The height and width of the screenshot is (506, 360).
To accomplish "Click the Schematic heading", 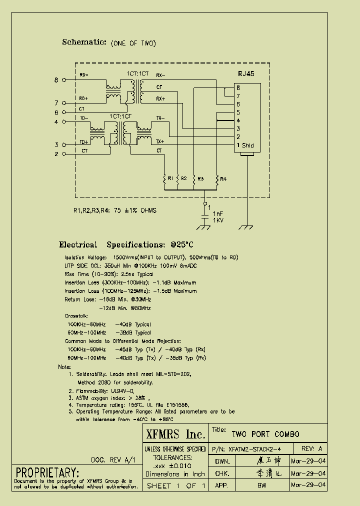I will (x=84, y=42).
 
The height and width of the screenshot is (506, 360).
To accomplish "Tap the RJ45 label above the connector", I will (x=246, y=73).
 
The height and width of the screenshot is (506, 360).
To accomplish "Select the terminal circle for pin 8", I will (x=63, y=80).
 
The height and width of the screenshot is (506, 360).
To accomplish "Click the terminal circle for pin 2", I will (x=63, y=154).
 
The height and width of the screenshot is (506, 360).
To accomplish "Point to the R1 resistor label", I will (x=170, y=178).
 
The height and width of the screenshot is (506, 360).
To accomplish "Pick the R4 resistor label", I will (x=223, y=178).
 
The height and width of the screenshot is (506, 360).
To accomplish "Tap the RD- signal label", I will (x=83, y=75).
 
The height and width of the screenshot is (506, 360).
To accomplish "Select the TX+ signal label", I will (x=160, y=141).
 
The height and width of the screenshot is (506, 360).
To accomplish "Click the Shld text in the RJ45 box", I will (x=248, y=145).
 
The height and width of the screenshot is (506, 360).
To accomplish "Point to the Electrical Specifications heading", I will (x=125, y=245).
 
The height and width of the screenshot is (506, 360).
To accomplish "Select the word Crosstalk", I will (x=76, y=316).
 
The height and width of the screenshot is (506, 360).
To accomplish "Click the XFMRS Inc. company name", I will (x=175, y=433).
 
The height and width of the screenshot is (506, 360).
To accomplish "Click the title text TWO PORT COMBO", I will (x=265, y=433).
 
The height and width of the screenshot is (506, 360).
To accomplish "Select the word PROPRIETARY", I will (x=47, y=472).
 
